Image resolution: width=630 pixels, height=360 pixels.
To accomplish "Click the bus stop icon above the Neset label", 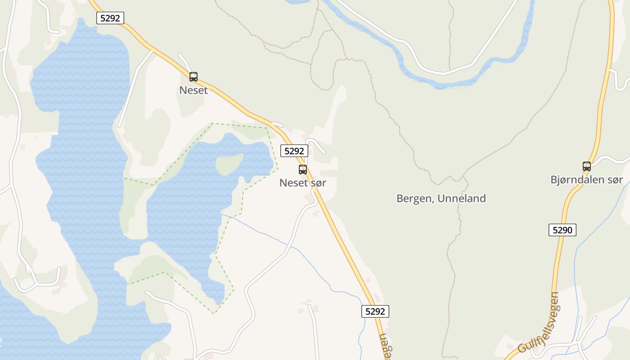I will [193, 77].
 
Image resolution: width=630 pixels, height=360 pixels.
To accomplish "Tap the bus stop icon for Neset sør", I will [303, 170].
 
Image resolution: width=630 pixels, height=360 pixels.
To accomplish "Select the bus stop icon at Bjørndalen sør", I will [587, 166].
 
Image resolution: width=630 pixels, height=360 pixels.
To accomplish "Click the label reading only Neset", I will [193, 90].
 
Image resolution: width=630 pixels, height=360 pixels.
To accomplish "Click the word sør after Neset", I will [318, 183].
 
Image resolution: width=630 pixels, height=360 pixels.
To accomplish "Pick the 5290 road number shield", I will [562, 230].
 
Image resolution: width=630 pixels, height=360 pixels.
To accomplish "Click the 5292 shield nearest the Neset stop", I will [110, 18].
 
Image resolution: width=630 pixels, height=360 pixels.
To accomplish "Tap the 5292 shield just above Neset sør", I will [294, 151].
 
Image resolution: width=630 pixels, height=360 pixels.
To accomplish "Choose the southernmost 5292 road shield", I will [375, 311].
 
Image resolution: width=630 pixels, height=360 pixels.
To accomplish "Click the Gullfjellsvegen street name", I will [538, 323].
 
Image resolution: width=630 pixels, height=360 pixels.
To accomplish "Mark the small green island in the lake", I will [229, 164].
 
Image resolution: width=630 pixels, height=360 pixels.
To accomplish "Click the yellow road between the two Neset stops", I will [243, 108].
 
